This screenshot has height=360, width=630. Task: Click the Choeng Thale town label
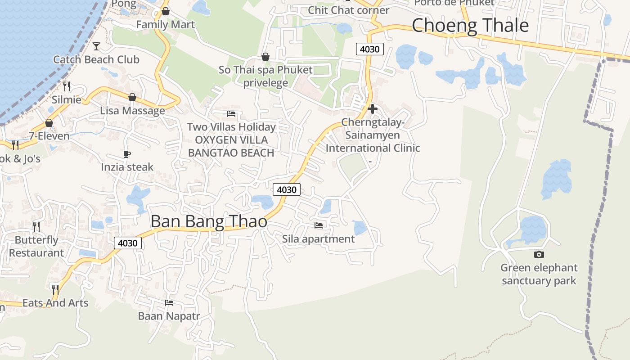click(x=470, y=25)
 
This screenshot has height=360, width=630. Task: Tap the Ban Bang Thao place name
click(x=209, y=221)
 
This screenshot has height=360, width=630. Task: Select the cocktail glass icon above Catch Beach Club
click(x=96, y=46)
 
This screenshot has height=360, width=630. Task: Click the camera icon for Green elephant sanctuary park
click(x=539, y=255)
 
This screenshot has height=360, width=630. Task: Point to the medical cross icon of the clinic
click(x=372, y=108)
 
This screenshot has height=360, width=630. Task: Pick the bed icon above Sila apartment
click(x=319, y=225)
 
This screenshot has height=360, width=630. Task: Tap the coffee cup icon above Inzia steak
click(x=127, y=154)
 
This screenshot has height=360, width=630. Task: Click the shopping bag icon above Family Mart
click(x=166, y=11)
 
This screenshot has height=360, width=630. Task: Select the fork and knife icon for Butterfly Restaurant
click(x=36, y=226)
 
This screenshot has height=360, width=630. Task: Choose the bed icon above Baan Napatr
click(x=169, y=303)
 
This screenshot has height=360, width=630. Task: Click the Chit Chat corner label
click(x=348, y=10)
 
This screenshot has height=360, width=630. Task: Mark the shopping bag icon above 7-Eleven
click(x=49, y=123)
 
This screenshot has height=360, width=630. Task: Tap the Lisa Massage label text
click(x=132, y=111)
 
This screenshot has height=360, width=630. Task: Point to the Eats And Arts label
click(x=55, y=303)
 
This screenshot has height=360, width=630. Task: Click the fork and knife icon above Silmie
click(x=67, y=86)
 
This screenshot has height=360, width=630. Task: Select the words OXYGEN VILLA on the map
click(x=231, y=140)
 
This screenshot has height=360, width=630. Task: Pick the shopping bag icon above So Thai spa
click(x=265, y=57)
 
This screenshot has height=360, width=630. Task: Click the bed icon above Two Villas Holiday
click(x=231, y=114)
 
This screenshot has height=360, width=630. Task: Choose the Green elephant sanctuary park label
click(x=539, y=274)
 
